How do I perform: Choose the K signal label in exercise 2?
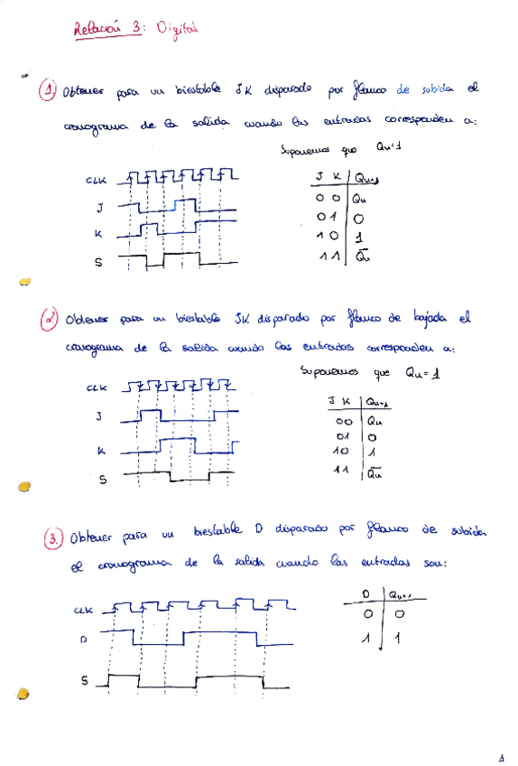(x=101, y=450)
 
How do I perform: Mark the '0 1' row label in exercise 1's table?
(x=326, y=218)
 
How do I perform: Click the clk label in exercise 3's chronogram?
(x=83, y=611)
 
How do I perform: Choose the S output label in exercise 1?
(x=98, y=263)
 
